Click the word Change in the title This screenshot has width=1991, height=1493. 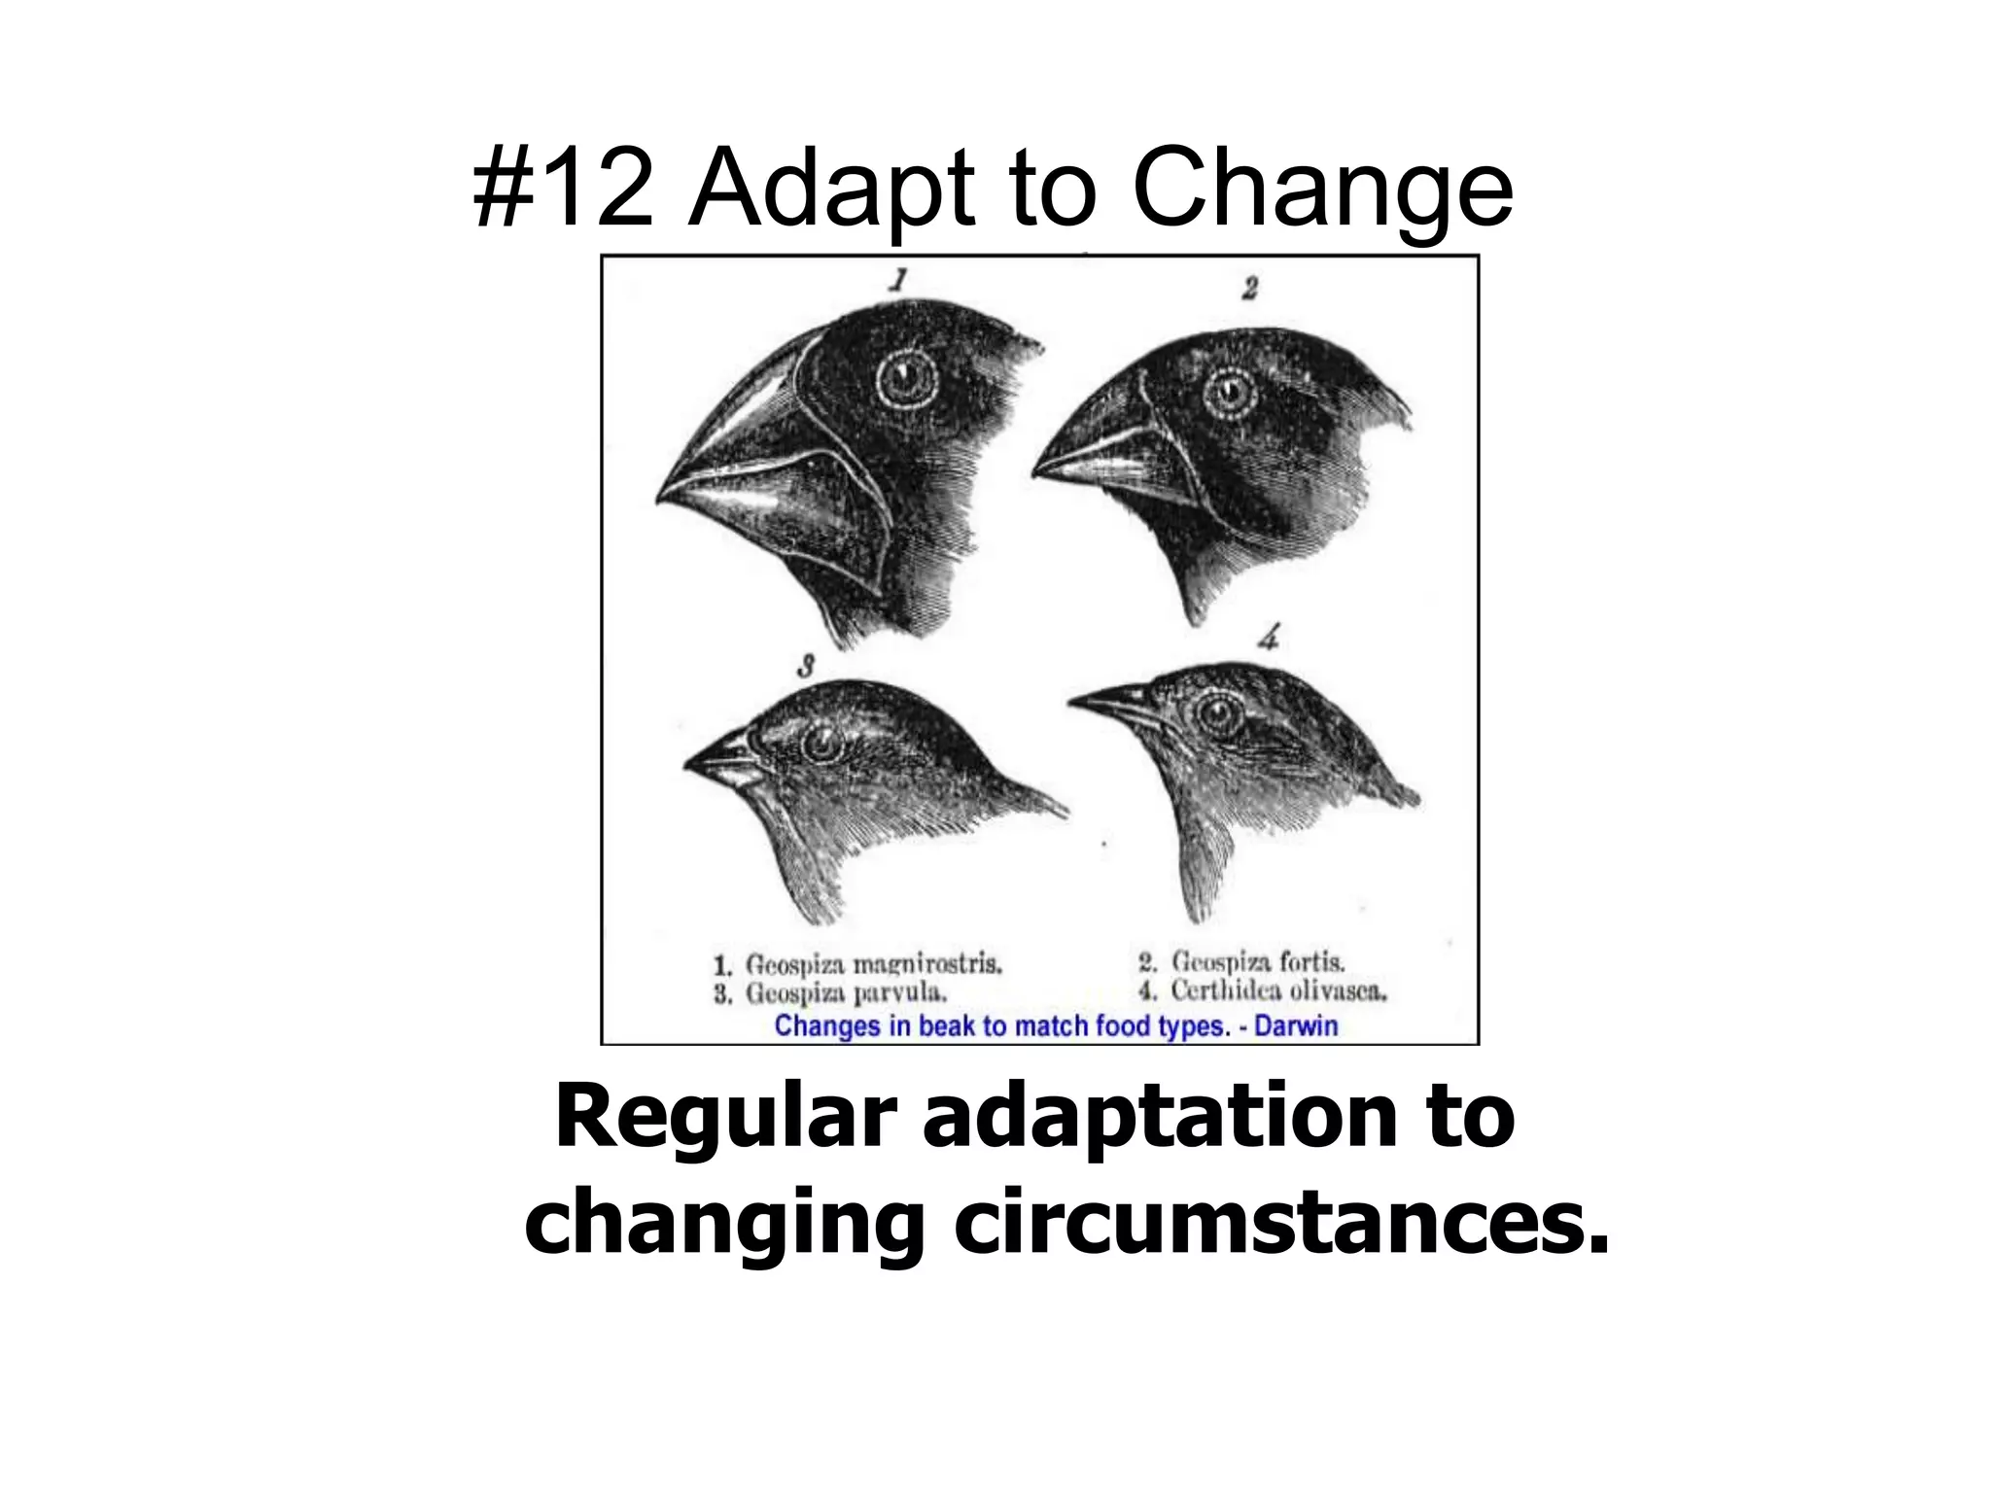point(1322,190)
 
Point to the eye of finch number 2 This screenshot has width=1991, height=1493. point(1229,395)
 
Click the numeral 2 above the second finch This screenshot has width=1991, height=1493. point(1250,288)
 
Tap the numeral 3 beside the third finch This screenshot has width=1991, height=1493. point(805,667)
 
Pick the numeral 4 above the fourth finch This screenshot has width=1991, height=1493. point(1269,639)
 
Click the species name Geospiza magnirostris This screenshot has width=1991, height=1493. point(873,964)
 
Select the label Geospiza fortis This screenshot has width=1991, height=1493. point(1258,962)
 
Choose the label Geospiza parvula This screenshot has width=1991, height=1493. point(845,993)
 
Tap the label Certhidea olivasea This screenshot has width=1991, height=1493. point(1278,991)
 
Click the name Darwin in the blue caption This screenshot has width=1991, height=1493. point(1296,1026)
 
